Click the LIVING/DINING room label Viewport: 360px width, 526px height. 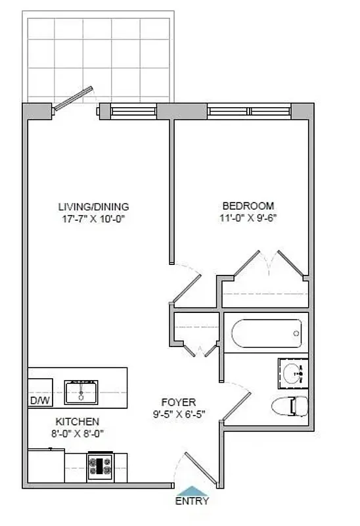point(93,206)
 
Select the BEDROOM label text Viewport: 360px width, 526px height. point(248,206)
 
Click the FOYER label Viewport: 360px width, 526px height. point(179,402)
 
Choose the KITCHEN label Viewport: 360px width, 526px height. point(77,421)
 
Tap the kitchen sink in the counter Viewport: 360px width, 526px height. point(81,391)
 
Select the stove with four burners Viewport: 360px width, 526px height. point(101,466)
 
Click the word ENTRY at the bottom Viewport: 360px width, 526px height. point(192,502)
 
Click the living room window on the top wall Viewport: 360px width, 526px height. point(135,111)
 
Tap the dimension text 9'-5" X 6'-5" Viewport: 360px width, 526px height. point(179,414)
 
